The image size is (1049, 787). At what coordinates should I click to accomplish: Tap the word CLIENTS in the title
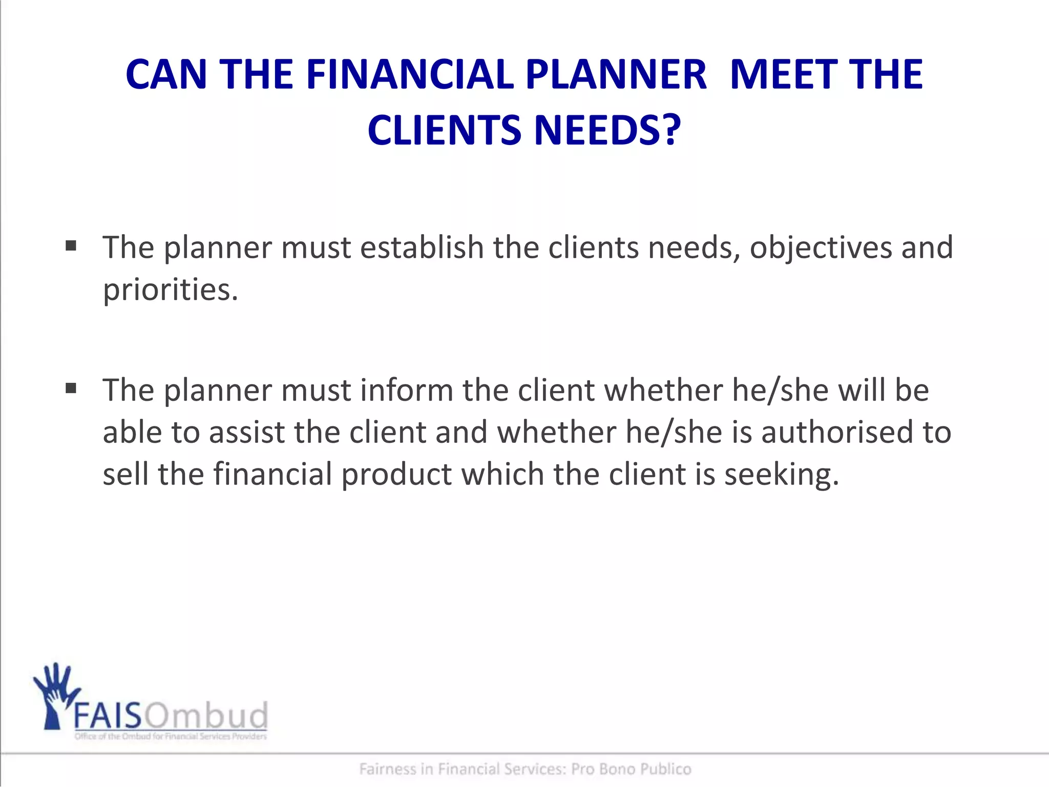(x=445, y=131)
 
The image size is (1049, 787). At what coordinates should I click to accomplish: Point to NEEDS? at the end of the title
(x=608, y=131)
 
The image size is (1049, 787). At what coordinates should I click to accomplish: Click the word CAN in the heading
(x=166, y=75)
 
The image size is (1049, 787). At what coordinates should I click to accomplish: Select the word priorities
(x=171, y=290)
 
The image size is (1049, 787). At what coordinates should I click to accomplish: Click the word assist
(x=247, y=432)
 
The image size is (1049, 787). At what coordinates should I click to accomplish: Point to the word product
(x=396, y=474)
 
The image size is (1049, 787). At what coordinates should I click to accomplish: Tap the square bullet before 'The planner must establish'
(x=71, y=246)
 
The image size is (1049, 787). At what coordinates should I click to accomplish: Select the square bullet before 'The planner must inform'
(x=71, y=389)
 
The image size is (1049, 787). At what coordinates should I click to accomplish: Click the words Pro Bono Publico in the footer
(x=631, y=769)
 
